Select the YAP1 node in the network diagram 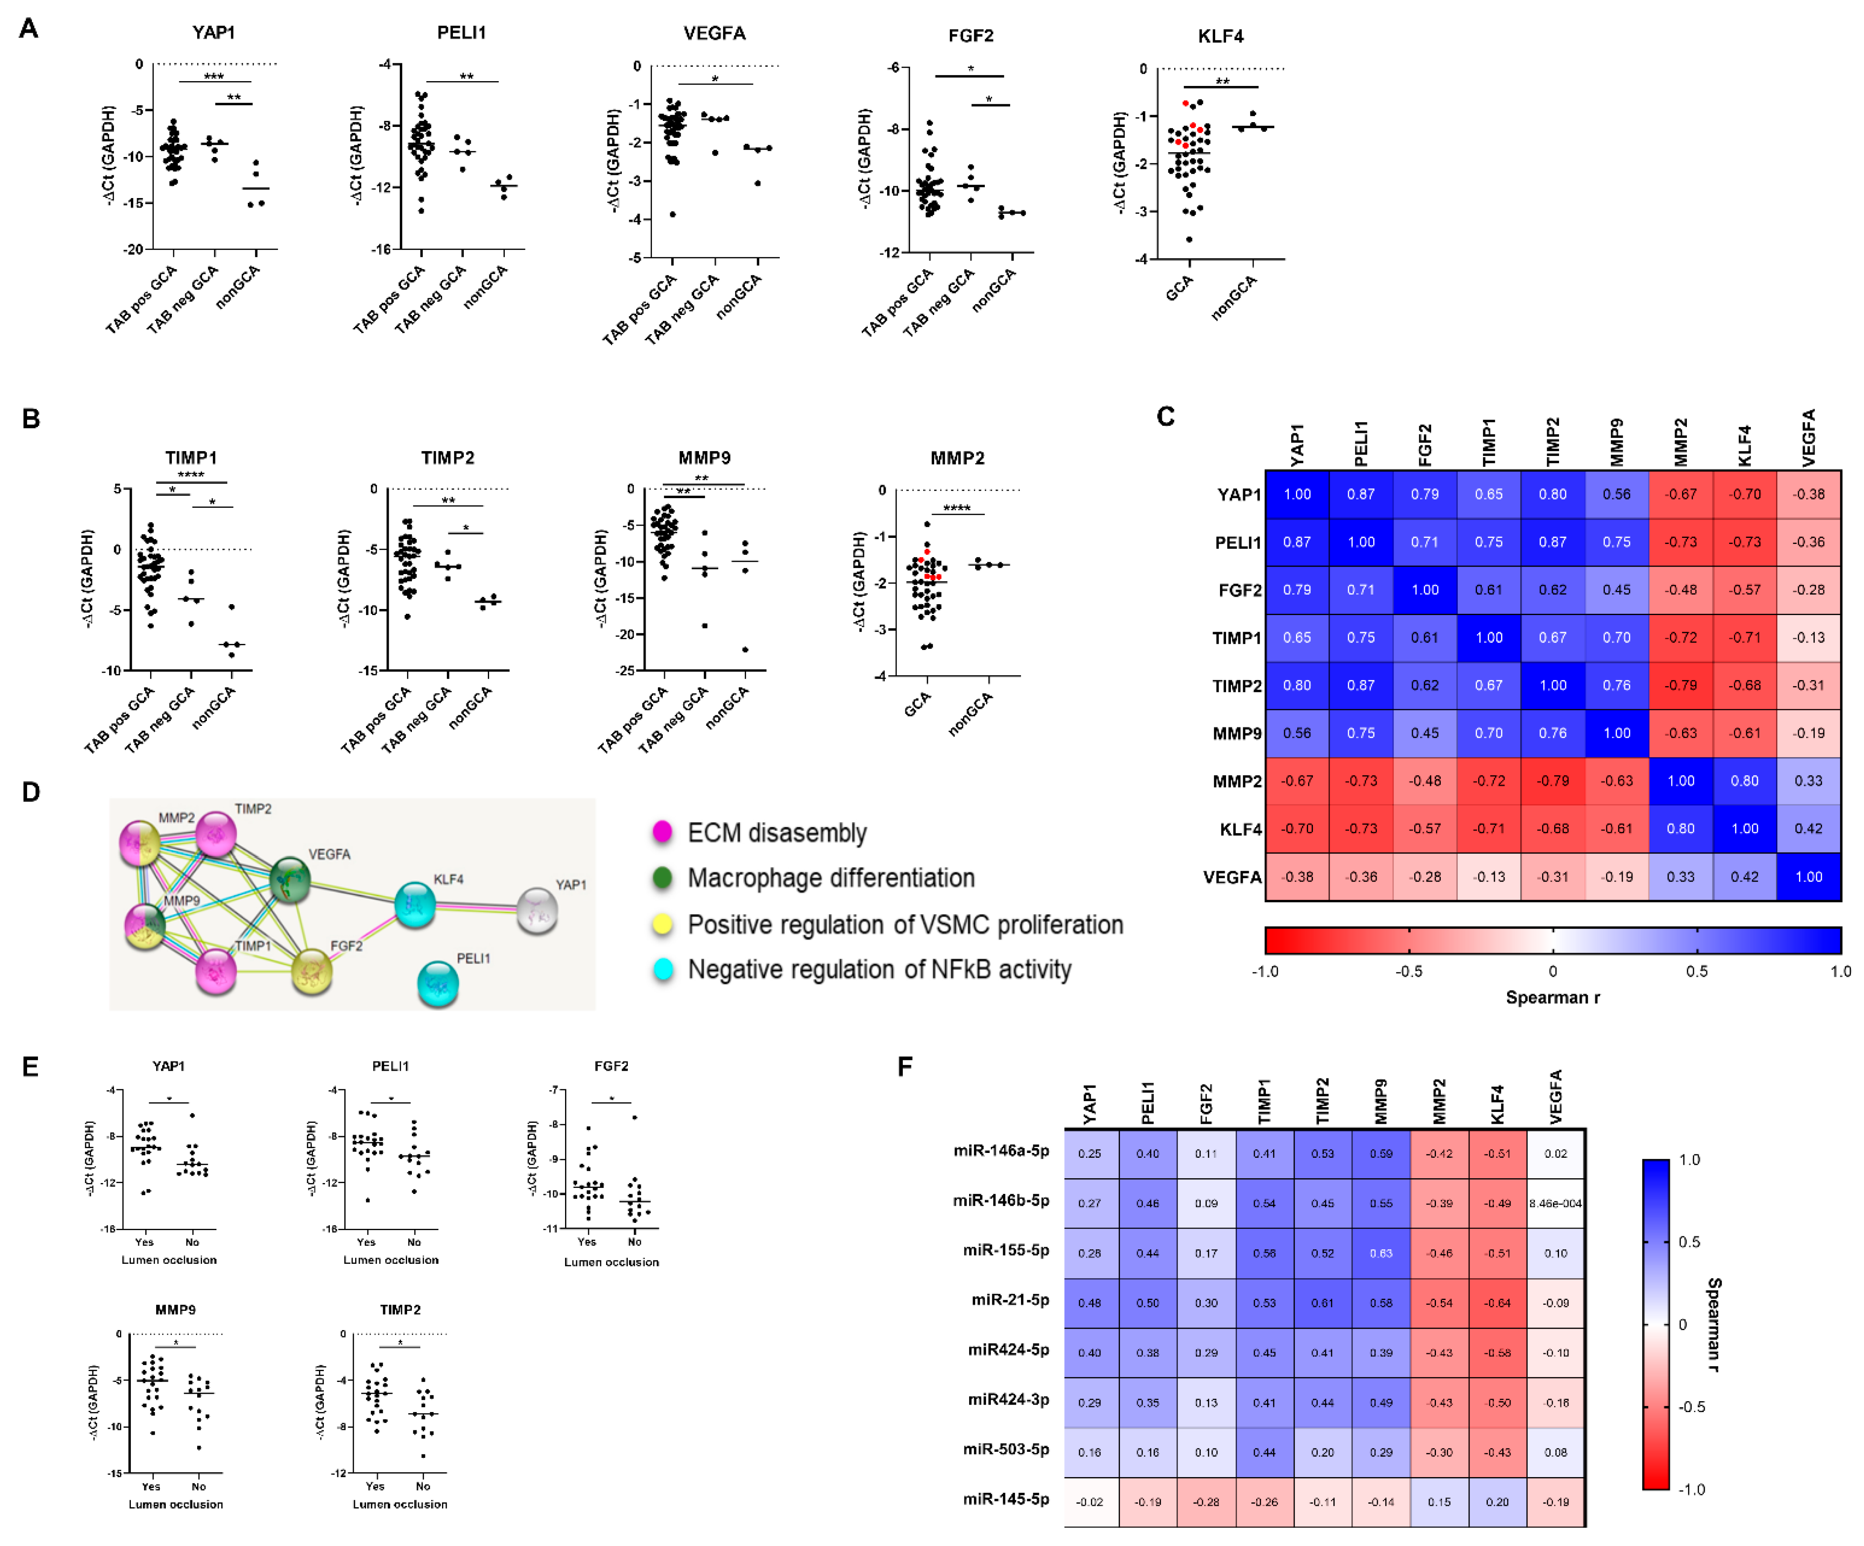tap(537, 910)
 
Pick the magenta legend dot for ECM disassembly tap(662, 831)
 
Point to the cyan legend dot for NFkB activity tap(662, 969)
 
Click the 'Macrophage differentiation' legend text tap(831, 878)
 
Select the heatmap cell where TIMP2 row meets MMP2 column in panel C tap(1680, 685)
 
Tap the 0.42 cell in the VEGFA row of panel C tap(1744, 877)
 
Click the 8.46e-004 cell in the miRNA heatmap tap(1555, 1204)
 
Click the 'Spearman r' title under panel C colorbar tap(1552, 997)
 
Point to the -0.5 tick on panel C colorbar tap(1408, 971)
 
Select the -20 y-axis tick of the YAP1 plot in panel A tap(133, 250)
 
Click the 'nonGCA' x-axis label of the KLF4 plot tap(1234, 298)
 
